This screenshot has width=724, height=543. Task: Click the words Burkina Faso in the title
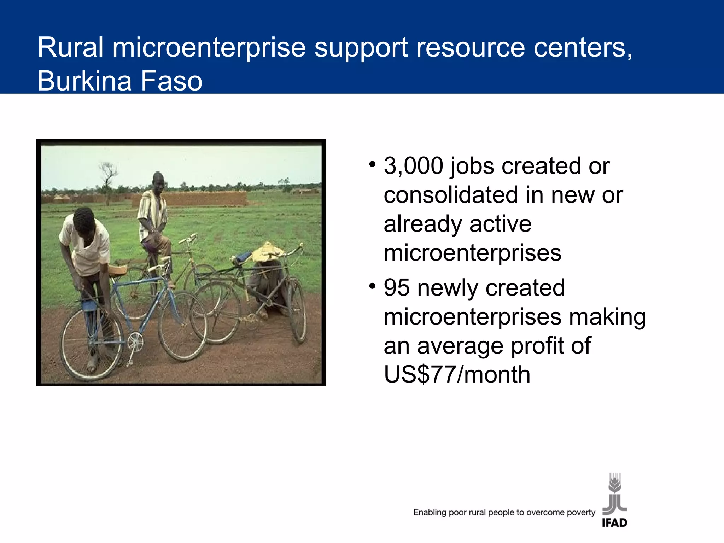(x=119, y=81)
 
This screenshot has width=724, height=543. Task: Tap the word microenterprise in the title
(x=209, y=47)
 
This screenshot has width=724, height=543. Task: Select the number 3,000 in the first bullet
(x=413, y=166)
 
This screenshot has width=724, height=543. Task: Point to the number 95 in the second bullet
(x=397, y=287)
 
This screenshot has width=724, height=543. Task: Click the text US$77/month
(x=457, y=374)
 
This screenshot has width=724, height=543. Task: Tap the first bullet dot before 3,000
(x=372, y=164)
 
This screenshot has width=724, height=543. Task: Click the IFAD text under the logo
(x=614, y=522)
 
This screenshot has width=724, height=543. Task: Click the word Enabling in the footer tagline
(x=430, y=512)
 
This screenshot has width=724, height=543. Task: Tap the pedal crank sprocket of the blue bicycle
(x=135, y=342)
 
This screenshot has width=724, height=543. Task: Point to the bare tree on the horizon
(x=107, y=177)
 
